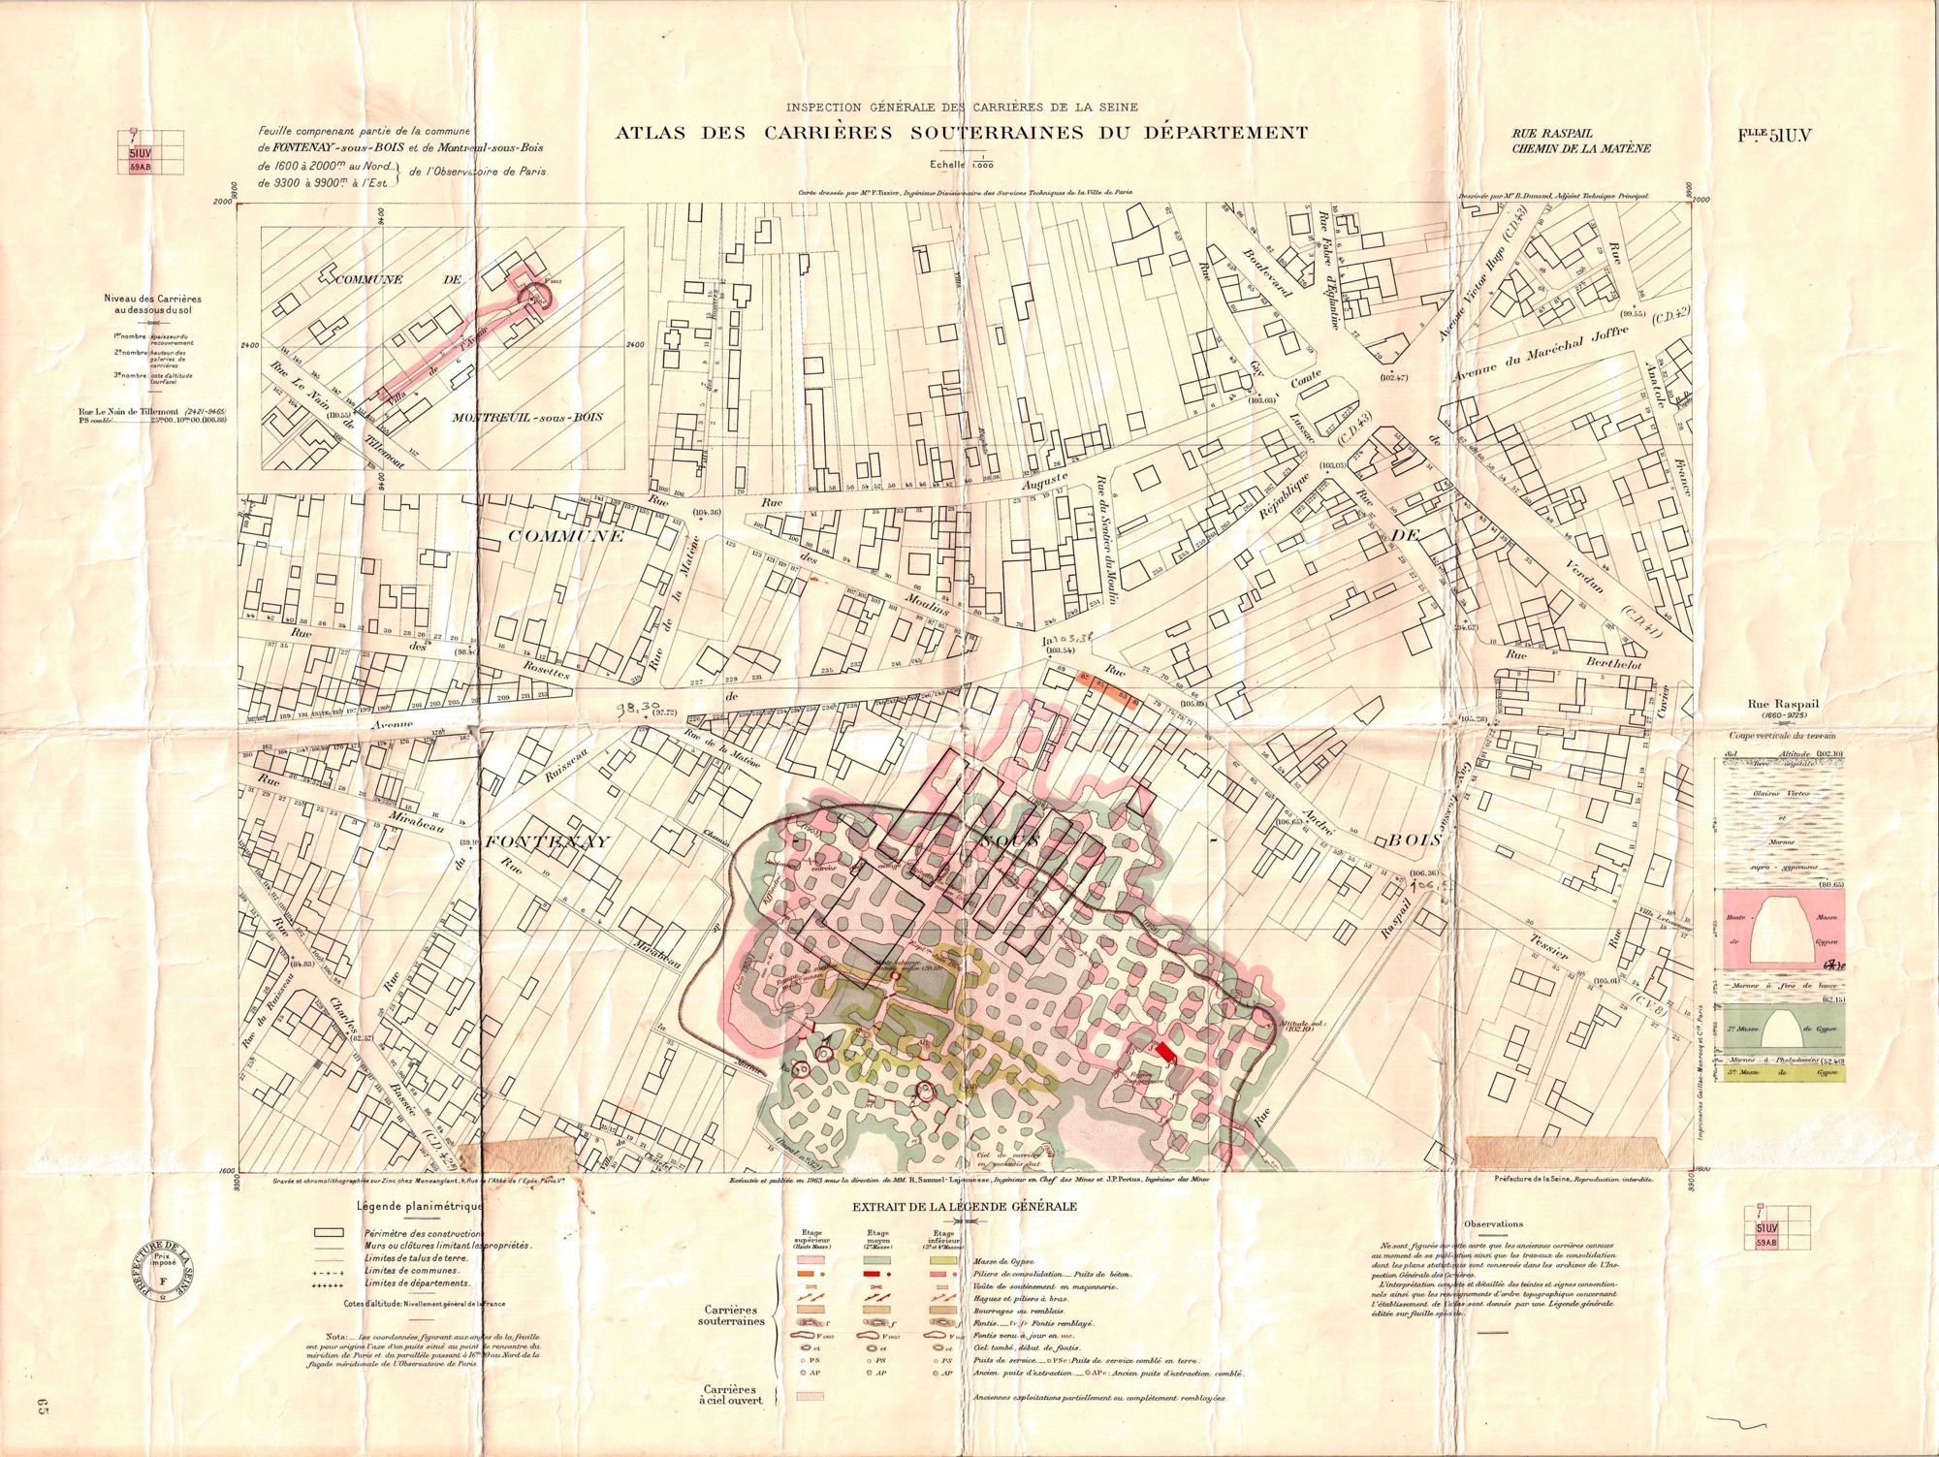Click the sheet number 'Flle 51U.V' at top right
(x=1774, y=136)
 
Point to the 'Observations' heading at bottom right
(x=1494, y=1224)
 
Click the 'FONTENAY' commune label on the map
(x=548, y=841)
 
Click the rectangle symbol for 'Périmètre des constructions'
(x=330, y=1232)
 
